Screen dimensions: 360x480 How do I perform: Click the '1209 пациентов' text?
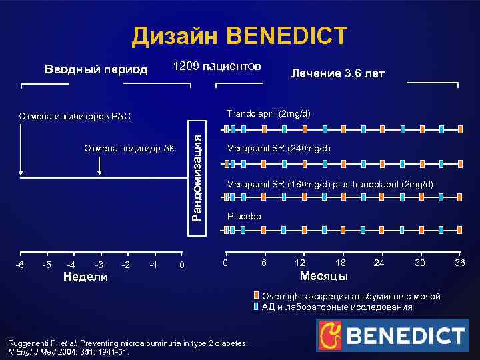pos(217,67)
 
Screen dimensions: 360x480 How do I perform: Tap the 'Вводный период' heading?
pos(96,70)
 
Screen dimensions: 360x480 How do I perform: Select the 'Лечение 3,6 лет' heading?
pos(337,73)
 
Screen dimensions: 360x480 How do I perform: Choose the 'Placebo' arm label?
pos(244,217)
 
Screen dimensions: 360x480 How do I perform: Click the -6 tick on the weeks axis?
pos(21,265)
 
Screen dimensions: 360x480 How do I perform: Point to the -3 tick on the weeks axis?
pos(99,265)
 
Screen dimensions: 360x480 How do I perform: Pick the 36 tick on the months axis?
pos(459,263)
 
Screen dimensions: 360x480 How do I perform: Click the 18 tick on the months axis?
pos(341,263)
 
